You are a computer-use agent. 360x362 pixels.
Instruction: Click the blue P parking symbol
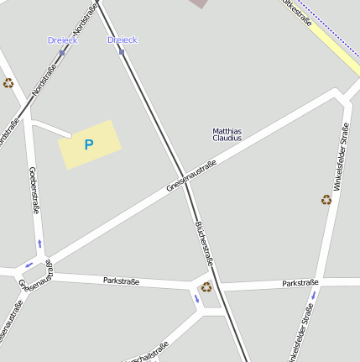[x=89, y=144]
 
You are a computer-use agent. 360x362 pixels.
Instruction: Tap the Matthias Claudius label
[x=227, y=134]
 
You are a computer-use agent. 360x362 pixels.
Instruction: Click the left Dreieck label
[x=63, y=40]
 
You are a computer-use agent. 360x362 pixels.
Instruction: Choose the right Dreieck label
[x=123, y=40]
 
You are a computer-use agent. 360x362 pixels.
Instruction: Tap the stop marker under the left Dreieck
[x=62, y=52]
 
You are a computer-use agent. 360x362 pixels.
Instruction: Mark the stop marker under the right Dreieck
[x=122, y=52]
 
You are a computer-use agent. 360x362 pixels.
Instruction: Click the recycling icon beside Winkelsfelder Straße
[x=326, y=200]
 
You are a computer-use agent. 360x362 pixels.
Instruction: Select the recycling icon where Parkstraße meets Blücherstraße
[x=206, y=286]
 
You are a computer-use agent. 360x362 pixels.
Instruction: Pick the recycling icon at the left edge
[x=8, y=83]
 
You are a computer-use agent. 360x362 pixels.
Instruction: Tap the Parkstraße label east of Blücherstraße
[x=300, y=283]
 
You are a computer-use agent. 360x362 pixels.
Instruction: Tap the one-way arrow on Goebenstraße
[x=39, y=244]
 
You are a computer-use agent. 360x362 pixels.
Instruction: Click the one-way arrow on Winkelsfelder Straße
[x=313, y=295]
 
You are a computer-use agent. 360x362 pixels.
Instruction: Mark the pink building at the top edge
[x=198, y=3]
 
